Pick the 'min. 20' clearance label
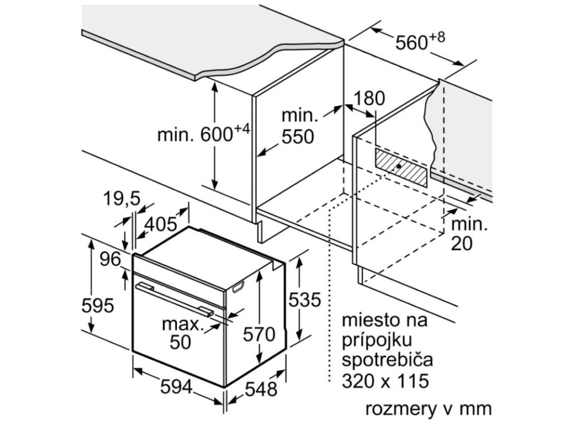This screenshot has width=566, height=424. click(469, 234)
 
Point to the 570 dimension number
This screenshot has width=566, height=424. click(259, 334)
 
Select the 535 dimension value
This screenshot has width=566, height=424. click(305, 300)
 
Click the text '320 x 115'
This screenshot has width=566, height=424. click(385, 381)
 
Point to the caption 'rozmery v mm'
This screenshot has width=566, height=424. click(427, 409)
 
